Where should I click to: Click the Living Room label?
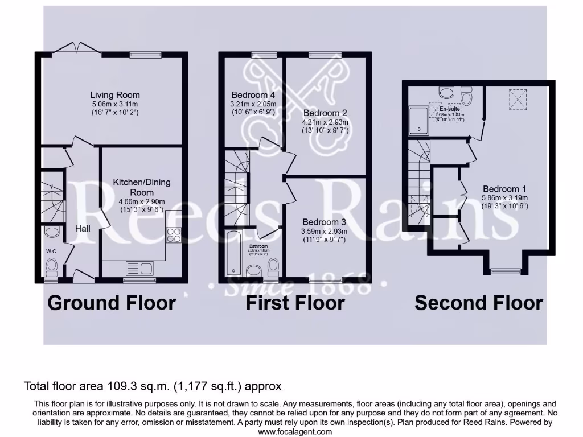pyautogui.click(x=114, y=95)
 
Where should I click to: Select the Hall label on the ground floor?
pyautogui.click(x=83, y=228)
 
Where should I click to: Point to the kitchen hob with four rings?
pyautogui.click(x=174, y=235)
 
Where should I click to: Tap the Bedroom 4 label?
pyautogui.click(x=253, y=95)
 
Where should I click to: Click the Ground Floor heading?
pyautogui.click(x=112, y=303)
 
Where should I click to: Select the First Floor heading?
pyautogui.click(x=295, y=303)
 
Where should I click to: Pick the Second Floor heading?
pyautogui.click(x=478, y=303)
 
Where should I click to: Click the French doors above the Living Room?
pyautogui.click(x=77, y=48)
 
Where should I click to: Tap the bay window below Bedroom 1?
pyautogui.click(x=504, y=271)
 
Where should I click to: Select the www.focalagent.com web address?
pyautogui.click(x=291, y=431)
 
